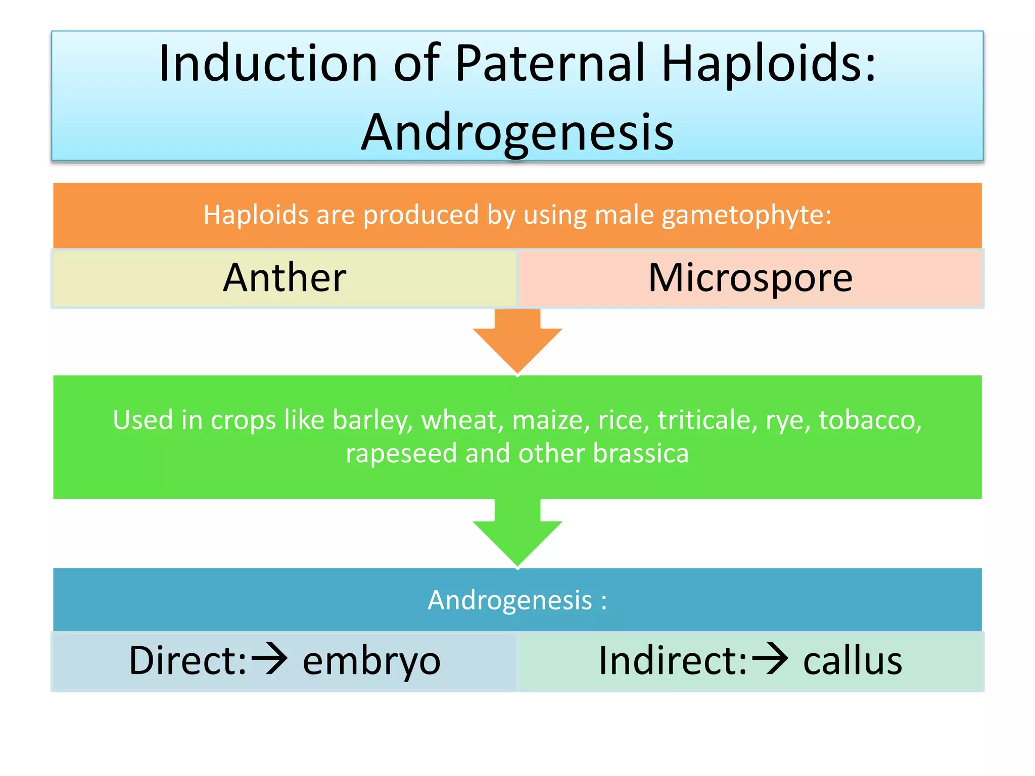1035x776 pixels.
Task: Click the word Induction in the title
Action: pyautogui.click(x=268, y=64)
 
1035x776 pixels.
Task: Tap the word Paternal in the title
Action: pyautogui.click(x=551, y=64)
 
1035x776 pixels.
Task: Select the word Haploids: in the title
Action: pyautogui.click(x=768, y=64)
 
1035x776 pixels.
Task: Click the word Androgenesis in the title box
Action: pyautogui.click(x=517, y=132)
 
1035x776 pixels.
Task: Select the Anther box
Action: pyautogui.click(x=285, y=278)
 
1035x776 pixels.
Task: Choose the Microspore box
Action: pyautogui.click(x=750, y=278)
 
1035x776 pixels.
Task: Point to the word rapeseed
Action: pyautogui.click(x=402, y=453)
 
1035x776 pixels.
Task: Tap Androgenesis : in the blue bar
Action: pyautogui.click(x=517, y=600)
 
